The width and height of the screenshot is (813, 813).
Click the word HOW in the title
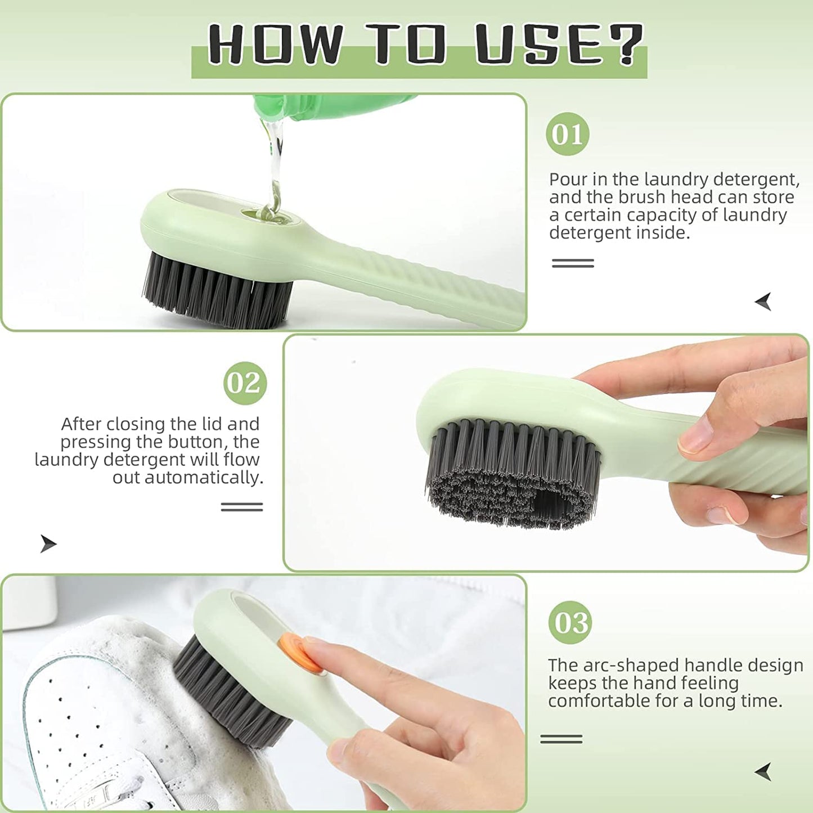tap(275, 45)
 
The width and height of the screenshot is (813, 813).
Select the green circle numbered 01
tap(567, 134)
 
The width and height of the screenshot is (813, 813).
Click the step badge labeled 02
tap(245, 383)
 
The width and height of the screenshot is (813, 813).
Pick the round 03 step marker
tap(570, 622)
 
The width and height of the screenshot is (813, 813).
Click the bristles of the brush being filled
tap(217, 290)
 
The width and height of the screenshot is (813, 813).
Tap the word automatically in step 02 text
tap(204, 478)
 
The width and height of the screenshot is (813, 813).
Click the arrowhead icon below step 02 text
tap(48, 544)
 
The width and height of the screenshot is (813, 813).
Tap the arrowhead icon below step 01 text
tap(763, 302)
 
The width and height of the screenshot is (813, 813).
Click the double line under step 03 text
tap(561, 739)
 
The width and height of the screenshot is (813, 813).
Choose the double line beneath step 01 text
tap(573, 263)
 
